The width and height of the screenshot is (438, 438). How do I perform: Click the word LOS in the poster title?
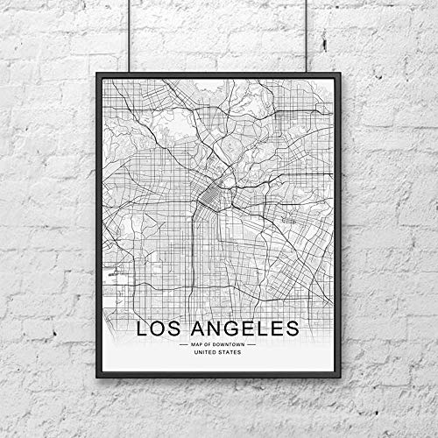pos(164,329)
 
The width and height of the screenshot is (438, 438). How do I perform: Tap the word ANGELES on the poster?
pos(248,329)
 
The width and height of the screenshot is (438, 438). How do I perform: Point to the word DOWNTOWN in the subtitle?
pos(230,344)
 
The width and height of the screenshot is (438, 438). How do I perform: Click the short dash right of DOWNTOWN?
pos(251,344)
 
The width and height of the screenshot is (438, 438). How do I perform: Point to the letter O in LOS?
pos(163,329)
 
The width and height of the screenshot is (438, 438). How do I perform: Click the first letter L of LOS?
pos(143,329)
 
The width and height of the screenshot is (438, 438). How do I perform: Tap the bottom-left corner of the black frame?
pos(97,377)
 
